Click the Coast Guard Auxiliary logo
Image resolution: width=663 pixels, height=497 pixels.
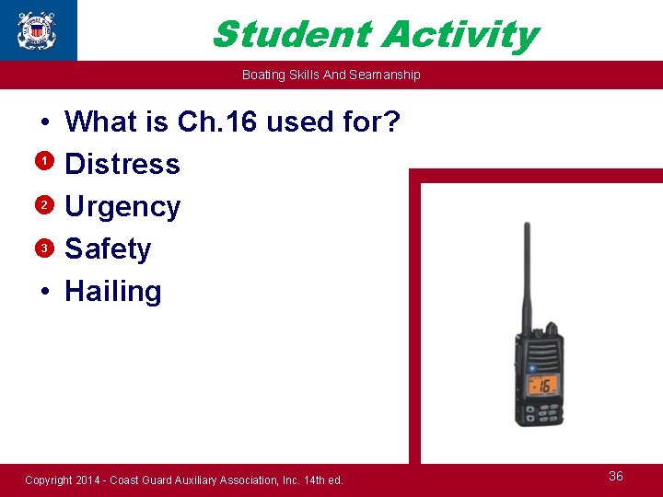click(x=37, y=29)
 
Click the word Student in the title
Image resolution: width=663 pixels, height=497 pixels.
click(x=291, y=35)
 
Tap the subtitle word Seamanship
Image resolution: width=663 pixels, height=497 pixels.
click(x=387, y=75)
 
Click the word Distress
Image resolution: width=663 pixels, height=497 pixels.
click(x=122, y=164)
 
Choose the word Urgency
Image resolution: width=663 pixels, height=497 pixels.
click(x=122, y=207)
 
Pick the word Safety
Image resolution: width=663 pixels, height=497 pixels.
click(x=108, y=248)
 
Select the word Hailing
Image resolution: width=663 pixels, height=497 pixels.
click(x=113, y=291)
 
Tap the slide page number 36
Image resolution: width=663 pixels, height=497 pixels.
click(x=616, y=476)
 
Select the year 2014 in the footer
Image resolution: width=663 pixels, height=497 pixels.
click(x=91, y=480)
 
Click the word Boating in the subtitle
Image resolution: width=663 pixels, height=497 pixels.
click(x=262, y=75)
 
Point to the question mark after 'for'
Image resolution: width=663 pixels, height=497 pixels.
click(x=390, y=121)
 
